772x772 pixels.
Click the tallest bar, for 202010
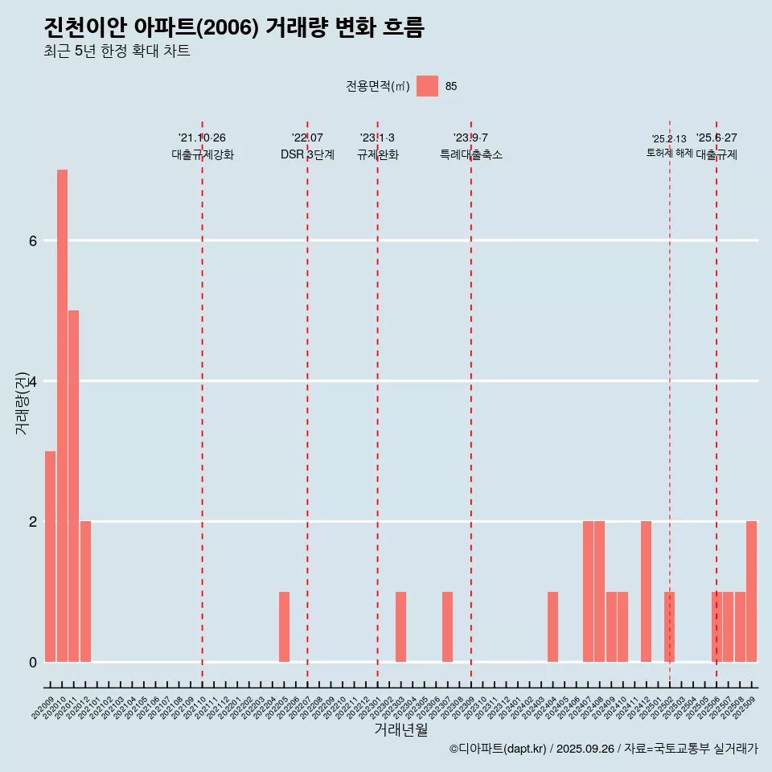62,416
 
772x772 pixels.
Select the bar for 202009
50,556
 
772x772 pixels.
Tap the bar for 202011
73,486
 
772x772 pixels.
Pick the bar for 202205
284,627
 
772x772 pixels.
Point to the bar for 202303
400,627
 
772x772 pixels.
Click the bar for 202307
447,627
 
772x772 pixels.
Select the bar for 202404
552,627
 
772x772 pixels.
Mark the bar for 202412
646,592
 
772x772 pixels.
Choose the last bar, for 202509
751,592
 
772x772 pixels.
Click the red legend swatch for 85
427,86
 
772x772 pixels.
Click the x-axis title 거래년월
400,730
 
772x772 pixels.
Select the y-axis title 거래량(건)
22,402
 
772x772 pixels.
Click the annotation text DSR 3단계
307,155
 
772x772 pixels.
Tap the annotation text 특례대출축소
471,155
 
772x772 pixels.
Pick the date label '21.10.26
202,138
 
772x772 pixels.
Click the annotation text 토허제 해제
669,153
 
